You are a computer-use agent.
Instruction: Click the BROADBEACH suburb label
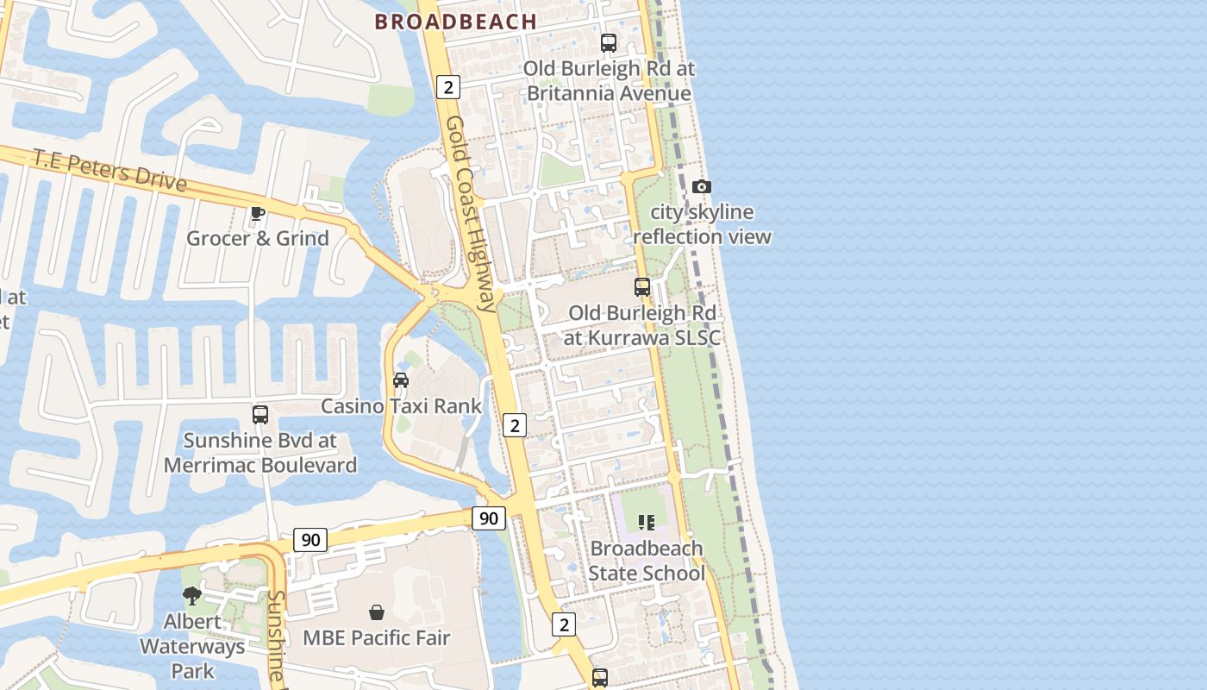coord(455,22)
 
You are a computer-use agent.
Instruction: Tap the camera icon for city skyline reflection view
coord(702,186)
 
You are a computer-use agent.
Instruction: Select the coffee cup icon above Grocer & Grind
coord(257,213)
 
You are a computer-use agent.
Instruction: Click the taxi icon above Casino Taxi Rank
coord(401,379)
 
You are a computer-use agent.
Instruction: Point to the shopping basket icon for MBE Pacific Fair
coord(377,612)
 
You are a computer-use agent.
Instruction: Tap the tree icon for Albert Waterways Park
coord(192,595)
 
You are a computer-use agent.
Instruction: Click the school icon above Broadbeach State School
coord(646,522)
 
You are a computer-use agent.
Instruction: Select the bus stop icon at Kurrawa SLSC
coord(642,287)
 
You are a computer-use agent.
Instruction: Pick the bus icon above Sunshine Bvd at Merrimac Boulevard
coord(260,415)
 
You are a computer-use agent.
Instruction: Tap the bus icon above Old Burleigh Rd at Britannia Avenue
coord(609,43)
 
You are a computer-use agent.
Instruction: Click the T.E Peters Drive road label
coord(109,169)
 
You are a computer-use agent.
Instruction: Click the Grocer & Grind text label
coord(258,238)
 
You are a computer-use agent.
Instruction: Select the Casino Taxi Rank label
coord(401,405)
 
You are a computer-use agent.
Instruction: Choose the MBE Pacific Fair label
coord(377,638)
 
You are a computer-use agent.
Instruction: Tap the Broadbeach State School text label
coord(646,561)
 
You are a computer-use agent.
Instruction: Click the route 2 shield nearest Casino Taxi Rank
coord(514,425)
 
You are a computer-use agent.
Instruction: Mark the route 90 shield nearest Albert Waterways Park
coord(310,540)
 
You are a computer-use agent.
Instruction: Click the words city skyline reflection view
coord(702,224)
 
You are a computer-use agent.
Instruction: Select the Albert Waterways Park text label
coord(192,646)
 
